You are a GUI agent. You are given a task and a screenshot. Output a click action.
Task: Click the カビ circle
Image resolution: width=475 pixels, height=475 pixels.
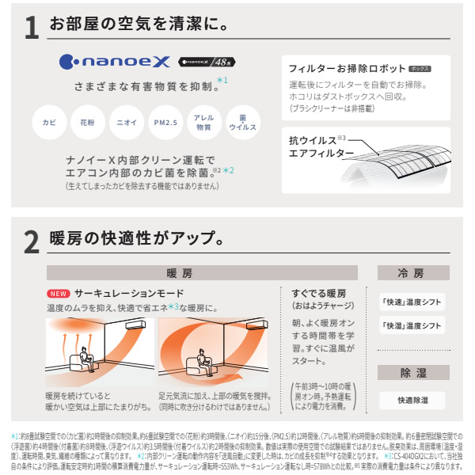coord(49,123)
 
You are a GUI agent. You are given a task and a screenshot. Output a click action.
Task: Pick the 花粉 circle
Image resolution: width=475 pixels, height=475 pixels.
coord(87,123)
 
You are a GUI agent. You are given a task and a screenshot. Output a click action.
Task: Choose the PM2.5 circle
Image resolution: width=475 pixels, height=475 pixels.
coord(165,123)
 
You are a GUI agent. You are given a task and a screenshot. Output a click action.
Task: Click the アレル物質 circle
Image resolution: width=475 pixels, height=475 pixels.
coord(203,123)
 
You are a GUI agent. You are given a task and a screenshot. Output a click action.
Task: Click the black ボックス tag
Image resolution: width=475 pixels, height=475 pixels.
coord(415,70)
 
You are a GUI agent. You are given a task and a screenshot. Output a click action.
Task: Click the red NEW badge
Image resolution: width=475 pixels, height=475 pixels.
coord(59,293)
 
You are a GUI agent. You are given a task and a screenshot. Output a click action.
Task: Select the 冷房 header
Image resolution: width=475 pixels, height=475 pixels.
coord(411,273)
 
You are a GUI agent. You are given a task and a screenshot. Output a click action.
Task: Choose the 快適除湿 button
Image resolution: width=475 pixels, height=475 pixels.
coord(411,401)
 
